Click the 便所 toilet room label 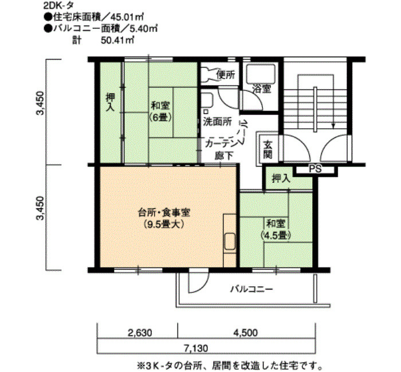tap(225, 74)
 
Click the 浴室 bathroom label tap(262, 89)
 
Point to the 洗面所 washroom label tap(217, 121)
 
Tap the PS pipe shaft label tap(315, 169)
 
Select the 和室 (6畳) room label tap(161, 111)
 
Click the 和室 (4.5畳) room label tap(276, 229)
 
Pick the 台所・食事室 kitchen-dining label tap(164, 217)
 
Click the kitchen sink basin tap(230, 242)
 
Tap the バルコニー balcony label tap(251, 290)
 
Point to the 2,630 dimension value tap(140, 333)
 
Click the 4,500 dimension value tap(245, 333)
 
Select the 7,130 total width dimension tap(196, 348)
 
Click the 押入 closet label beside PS tap(281, 179)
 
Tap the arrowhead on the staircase tap(333, 125)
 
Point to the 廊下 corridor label tap(224, 156)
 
